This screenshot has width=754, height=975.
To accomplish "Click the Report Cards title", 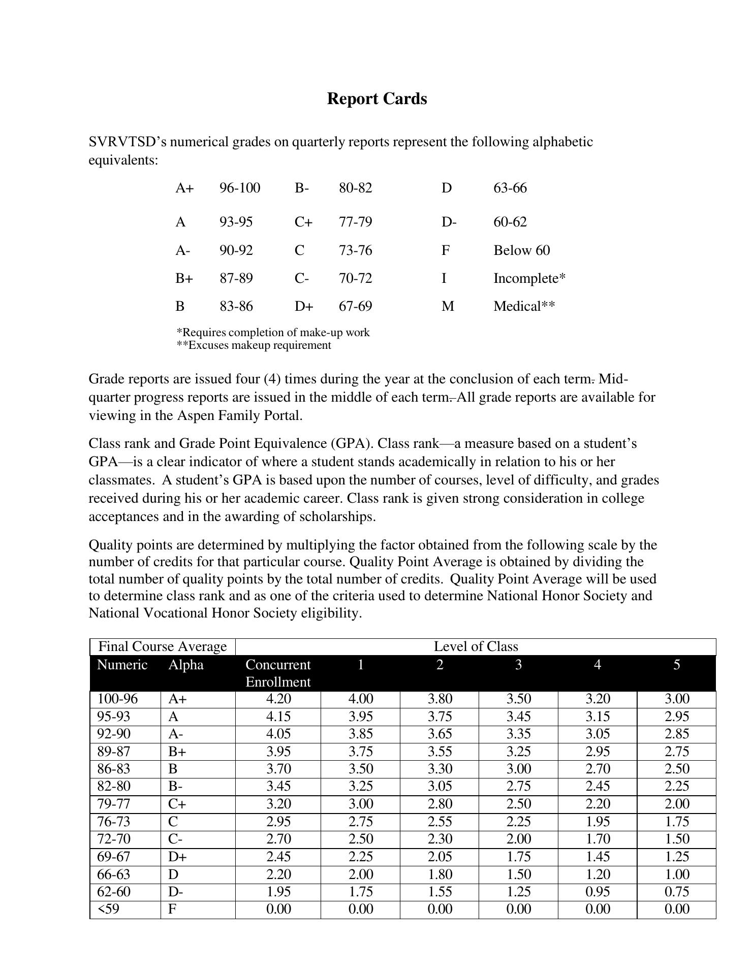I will tap(376, 99).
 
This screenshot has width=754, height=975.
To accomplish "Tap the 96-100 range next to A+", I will tap(239, 188).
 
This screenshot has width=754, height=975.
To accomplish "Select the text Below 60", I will tap(521, 250).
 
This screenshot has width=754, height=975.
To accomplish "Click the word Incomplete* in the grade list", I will tap(529, 278).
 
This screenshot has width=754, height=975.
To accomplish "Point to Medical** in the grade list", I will tap(524, 306).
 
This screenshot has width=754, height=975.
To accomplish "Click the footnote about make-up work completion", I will tap(273, 333).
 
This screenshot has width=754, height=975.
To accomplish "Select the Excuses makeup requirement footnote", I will tap(254, 345).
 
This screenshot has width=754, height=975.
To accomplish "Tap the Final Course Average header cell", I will tap(162, 646).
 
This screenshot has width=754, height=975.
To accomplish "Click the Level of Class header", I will tap(476, 646).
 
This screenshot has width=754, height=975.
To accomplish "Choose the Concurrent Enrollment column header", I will tap(278, 673).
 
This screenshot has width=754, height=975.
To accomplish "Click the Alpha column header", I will tap(185, 665).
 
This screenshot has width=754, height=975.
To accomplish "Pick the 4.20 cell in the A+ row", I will tap(278, 699).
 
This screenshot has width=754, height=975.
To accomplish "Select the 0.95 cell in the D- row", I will tap(597, 892).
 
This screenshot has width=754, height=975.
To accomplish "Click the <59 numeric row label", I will tap(108, 909).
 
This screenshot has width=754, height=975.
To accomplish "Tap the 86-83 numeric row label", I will tap(113, 769).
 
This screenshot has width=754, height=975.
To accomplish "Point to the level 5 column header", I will tap(676, 665).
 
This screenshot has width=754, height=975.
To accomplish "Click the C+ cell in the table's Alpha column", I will tap(177, 804).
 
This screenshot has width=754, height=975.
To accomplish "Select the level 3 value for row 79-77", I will tap(518, 804).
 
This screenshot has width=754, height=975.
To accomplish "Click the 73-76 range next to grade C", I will tap(355, 250).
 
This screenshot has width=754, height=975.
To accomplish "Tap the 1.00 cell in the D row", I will tap(676, 874).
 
